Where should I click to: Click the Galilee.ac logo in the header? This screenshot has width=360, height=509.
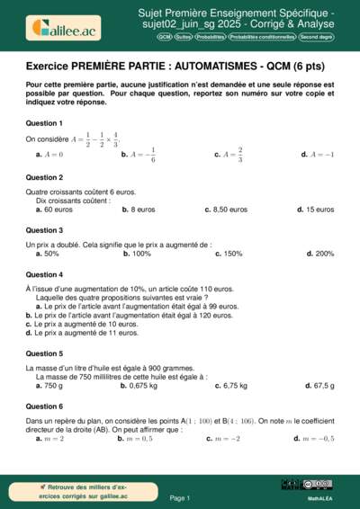point(62,28)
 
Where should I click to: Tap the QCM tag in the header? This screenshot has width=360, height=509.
point(165,38)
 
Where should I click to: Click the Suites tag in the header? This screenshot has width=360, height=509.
point(184,38)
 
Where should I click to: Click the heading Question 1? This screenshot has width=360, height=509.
point(44,122)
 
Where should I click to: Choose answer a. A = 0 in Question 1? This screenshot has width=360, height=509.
point(49,155)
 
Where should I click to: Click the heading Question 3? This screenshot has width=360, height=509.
point(44,230)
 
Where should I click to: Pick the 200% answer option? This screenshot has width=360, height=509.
point(319,254)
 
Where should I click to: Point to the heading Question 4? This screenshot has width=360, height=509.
point(44,274)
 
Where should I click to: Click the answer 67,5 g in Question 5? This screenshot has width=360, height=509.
point(319,386)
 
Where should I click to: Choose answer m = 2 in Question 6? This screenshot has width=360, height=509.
point(49,439)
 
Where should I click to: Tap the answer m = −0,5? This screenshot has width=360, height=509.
point(314,439)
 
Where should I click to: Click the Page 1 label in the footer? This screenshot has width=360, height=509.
point(179,497)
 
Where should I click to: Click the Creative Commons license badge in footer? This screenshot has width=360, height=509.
point(319,485)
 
